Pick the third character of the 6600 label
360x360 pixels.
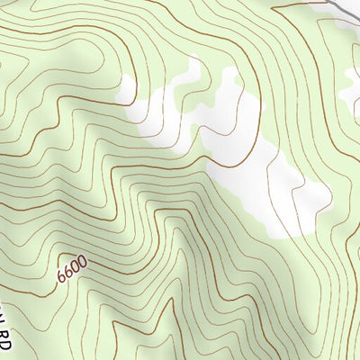[76, 265]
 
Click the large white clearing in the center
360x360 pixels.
[243, 153]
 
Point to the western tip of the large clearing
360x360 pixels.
[121, 90]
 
